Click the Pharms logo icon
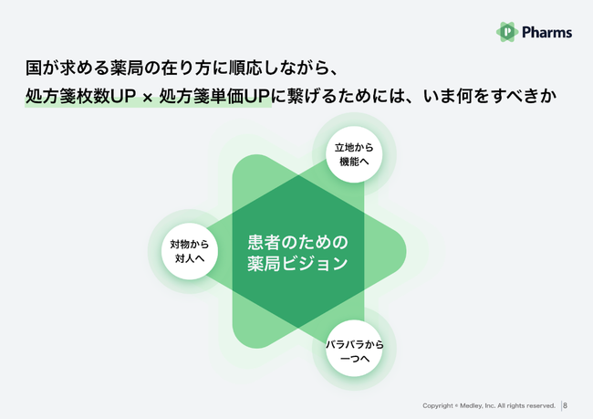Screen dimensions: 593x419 pyautogui.click(x=507, y=32)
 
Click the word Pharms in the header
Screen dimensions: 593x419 pyautogui.click(x=546, y=32)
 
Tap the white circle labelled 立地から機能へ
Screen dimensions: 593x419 pyautogui.click(x=354, y=154)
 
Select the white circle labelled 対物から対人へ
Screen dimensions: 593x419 pyautogui.click(x=190, y=251)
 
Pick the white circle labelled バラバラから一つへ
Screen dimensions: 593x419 pyautogui.click(x=354, y=348)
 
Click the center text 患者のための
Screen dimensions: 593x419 pyautogui.click(x=297, y=242)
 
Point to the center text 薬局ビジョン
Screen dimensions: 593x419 pyautogui.click(x=297, y=264)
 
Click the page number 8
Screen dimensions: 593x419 pyautogui.click(x=565, y=405)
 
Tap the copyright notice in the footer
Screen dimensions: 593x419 pyautogui.click(x=489, y=405)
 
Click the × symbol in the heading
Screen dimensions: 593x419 pyautogui.click(x=148, y=98)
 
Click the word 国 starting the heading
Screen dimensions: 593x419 pyautogui.click(x=34, y=68)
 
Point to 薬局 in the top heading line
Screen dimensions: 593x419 pyautogui.click(x=127, y=68)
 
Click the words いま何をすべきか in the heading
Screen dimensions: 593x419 pyautogui.click(x=490, y=96)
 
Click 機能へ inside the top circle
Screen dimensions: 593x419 pyautogui.click(x=354, y=162)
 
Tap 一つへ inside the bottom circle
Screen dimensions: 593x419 pyautogui.click(x=355, y=358)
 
